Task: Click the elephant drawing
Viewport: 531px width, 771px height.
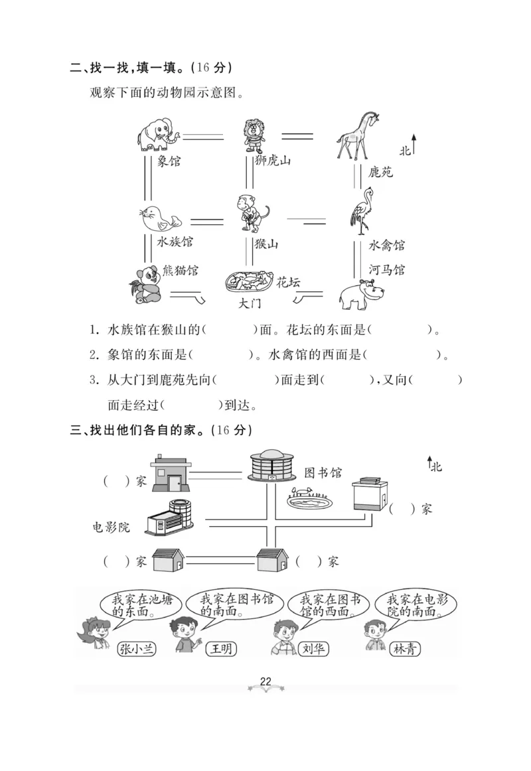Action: click(x=158, y=133)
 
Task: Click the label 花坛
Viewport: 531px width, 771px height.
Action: click(x=288, y=282)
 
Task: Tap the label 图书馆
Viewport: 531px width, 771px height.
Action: click(x=323, y=472)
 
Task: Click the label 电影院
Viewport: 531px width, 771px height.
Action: click(x=111, y=527)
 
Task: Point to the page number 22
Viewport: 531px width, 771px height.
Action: click(x=265, y=682)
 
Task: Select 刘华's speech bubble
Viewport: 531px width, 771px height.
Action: click(x=326, y=605)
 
